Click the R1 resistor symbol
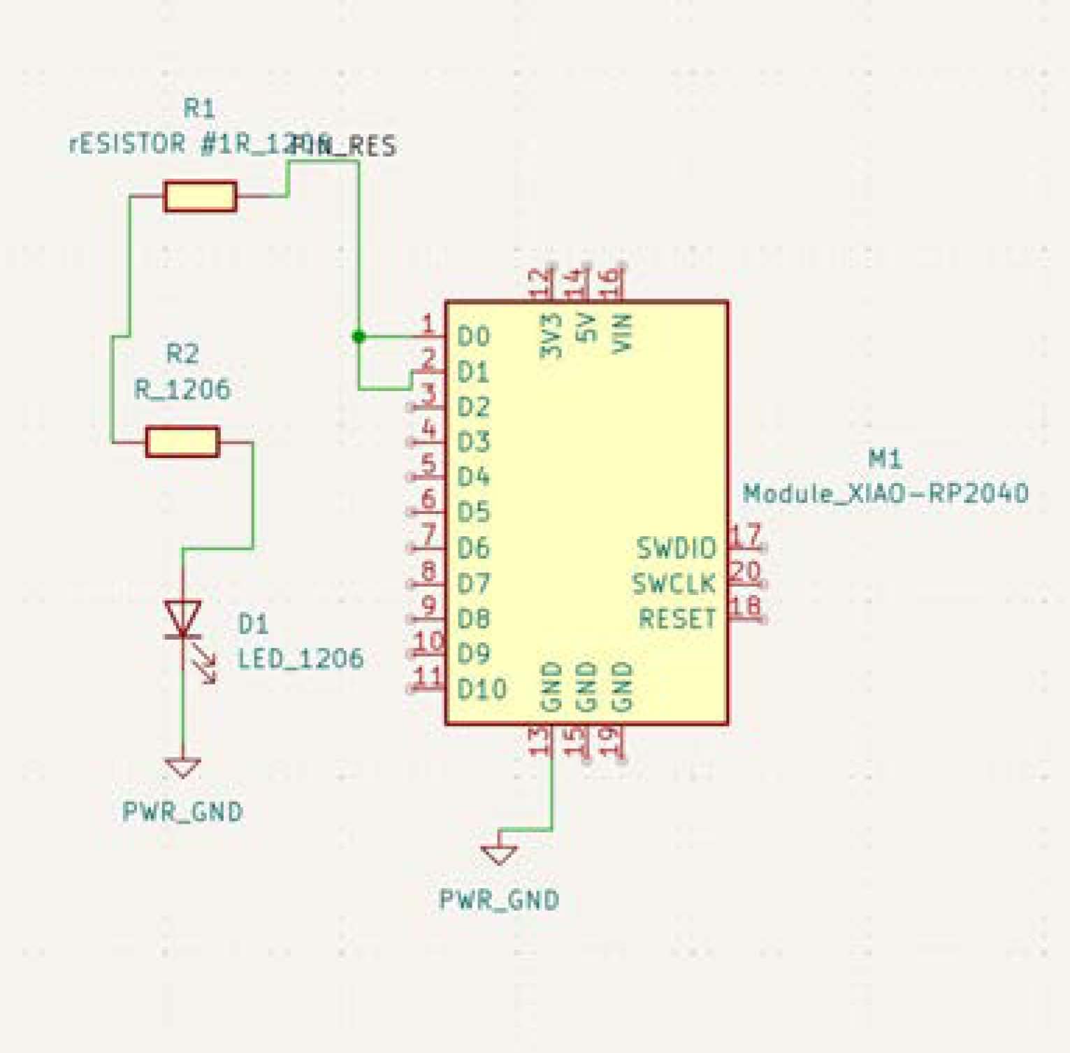pyautogui.click(x=200, y=196)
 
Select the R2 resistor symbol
pyautogui.click(x=182, y=442)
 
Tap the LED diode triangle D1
pyautogui.click(x=182, y=618)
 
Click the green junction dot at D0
pyautogui.click(x=359, y=336)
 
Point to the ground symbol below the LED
pyautogui.click(x=182, y=768)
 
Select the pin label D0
pyautogui.click(x=473, y=336)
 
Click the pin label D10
pyautogui.click(x=482, y=689)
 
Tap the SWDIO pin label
pyautogui.click(x=676, y=548)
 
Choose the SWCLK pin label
pyautogui.click(x=674, y=583)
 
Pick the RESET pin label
pyautogui.click(x=677, y=619)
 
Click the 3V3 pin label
pyautogui.click(x=551, y=335)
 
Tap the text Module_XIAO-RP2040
pyautogui.click(x=885, y=494)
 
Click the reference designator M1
pyautogui.click(x=885, y=459)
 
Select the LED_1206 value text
pyautogui.click(x=301, y=658)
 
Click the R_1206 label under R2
pyautogui.click(x=182, y=389)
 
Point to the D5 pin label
pyautogui.click(x=473, y=513)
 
